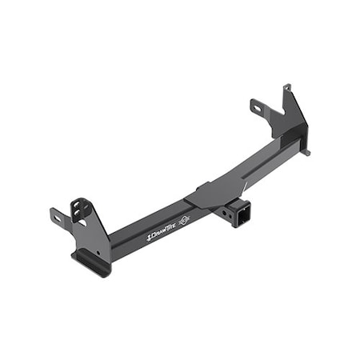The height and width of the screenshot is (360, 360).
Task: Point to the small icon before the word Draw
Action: (148, 238)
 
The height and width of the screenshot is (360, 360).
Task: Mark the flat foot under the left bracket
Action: (90, 262)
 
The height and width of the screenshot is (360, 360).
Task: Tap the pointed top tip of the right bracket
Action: (286, 86)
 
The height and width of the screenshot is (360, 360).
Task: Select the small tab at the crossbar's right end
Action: (306, 150)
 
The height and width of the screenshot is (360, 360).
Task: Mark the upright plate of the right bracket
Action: (292, 116)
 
